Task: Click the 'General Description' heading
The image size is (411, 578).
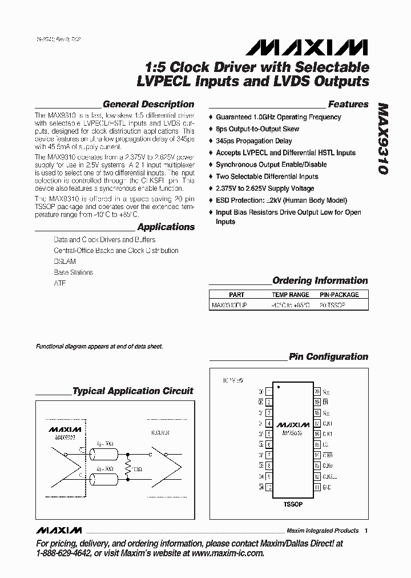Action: (x=148, y=105)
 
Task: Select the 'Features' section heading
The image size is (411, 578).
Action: (x=348, y=105)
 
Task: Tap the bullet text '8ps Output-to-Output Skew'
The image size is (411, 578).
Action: (x=257, y=129)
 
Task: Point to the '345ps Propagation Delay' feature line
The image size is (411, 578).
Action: (x=254, y=141)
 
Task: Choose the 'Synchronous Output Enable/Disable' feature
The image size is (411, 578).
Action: (x=271, y=164)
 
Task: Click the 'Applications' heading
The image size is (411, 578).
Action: (x=166, y=227)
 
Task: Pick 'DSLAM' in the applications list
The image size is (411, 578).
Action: (x=65, y=262)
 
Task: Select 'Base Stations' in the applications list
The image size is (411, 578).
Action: (x=73, y=272)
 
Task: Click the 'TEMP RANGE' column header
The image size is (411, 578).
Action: (x=291, y=295)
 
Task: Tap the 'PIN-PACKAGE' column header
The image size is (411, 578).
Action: (x=339, y=295)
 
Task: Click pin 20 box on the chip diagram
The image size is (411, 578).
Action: (x=317, y=392)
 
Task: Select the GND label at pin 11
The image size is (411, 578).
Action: (x=327, y=488)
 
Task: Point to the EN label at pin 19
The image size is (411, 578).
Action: (x=326, y=403)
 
